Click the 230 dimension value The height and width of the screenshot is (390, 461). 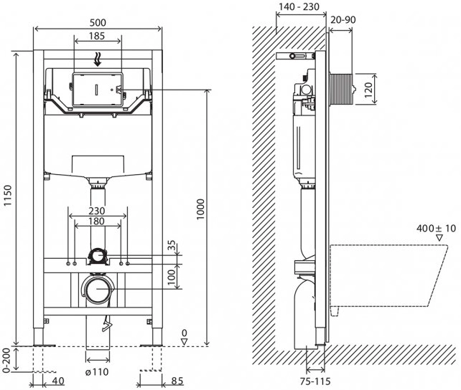pyautogui.click(x=98, y=211)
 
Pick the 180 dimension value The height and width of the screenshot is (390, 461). pyautogui.click(x=98, y=223)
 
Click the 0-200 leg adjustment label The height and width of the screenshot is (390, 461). pyautogui.click(x=8, y=362)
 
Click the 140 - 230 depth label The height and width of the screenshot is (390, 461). pyautogui.click(x=298, y=8)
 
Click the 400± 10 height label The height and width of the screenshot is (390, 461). pyautogui.click(x=436, y=229)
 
